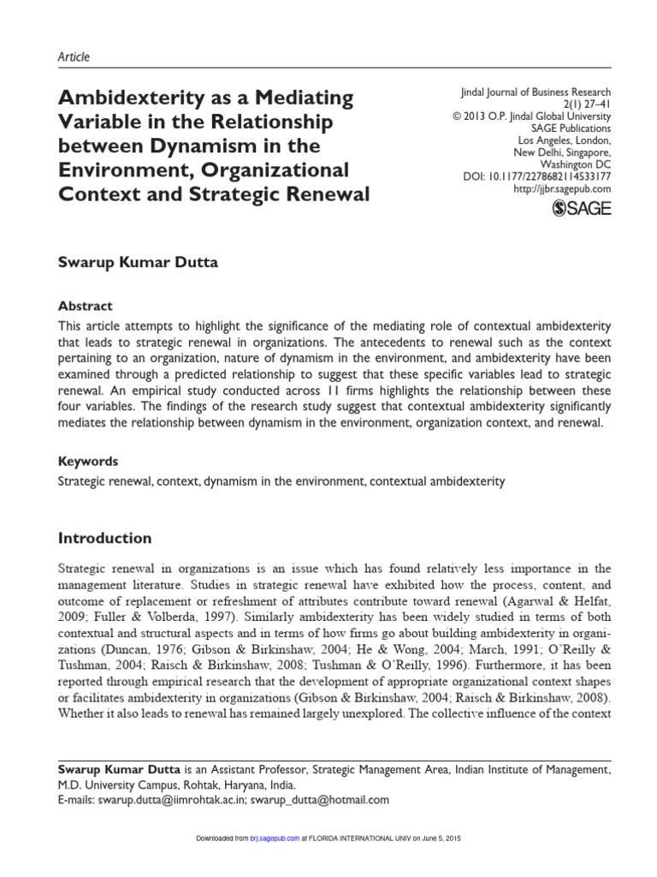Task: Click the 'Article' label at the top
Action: pos(73,57)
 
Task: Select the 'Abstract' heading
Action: pos(85,305)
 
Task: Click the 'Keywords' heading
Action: pos(87,461)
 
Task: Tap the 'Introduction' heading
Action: pos(104,539)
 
